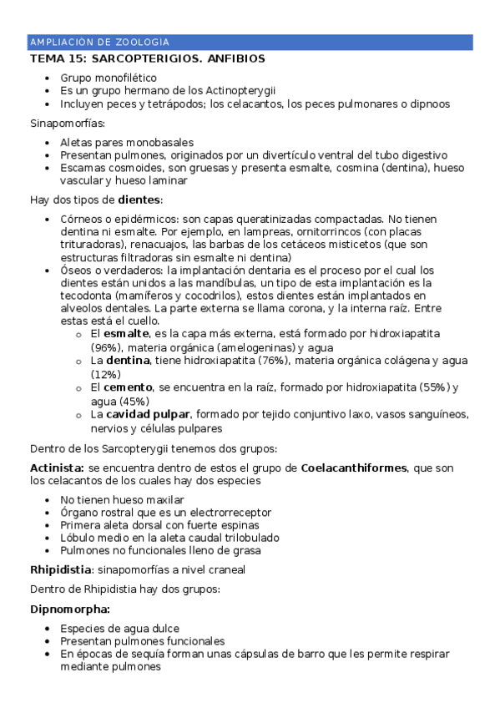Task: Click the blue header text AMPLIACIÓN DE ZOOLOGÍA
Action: click(99, 42)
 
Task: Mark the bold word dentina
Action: click(127, 361)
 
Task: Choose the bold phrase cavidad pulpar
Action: click(147, 414)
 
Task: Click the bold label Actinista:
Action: click(57, 468)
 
